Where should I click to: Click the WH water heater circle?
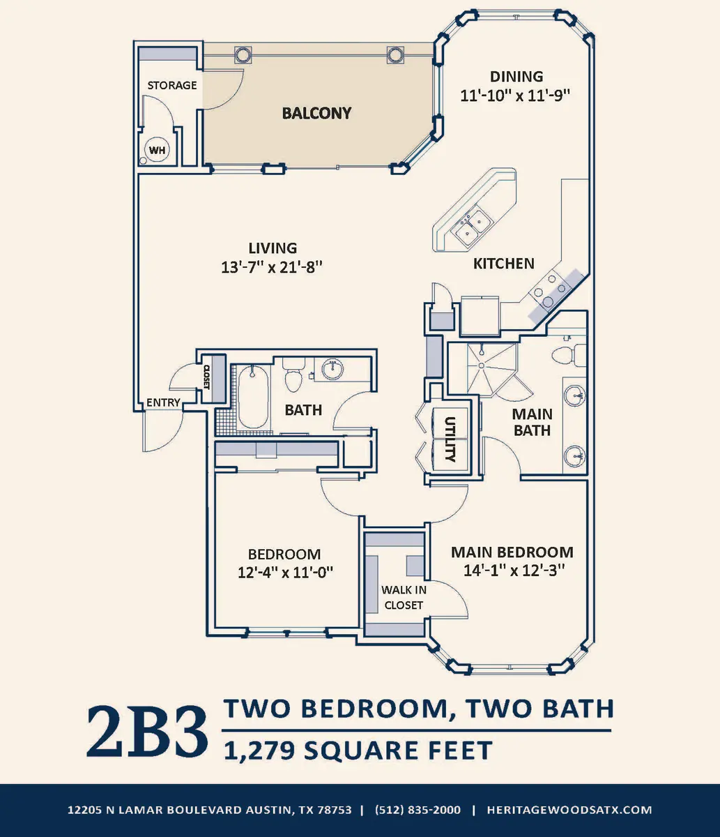(x=157, y=150)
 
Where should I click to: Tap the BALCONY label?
(x=316, y=113)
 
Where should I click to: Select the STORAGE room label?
(x=172, y=85)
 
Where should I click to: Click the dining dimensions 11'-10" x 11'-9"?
(x=515, y=96)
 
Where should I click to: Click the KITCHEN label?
(x=504, y=264)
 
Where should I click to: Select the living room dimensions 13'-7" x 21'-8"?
(x=273, y=266)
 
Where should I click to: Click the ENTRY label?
(x=163, y=402)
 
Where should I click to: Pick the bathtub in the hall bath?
(x=253, y=398)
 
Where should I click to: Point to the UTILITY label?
(x=450, y=439)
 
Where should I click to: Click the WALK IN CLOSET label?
(x=404, y=597)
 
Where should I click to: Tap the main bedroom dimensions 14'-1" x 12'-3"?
(x=512, y=570)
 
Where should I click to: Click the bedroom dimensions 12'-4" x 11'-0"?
(x=284, y=572)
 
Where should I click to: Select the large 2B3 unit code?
(x=147, y=731)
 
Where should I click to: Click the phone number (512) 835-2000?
(x=418, y=810)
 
